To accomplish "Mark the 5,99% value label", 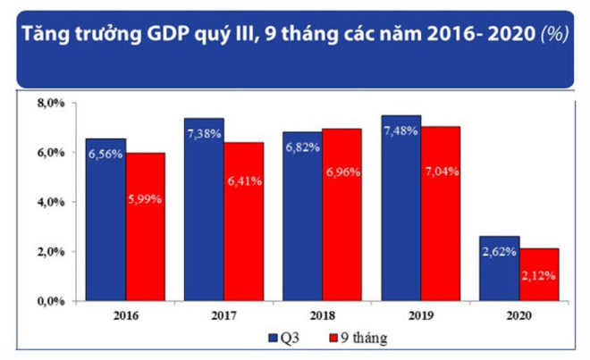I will point(145,199).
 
